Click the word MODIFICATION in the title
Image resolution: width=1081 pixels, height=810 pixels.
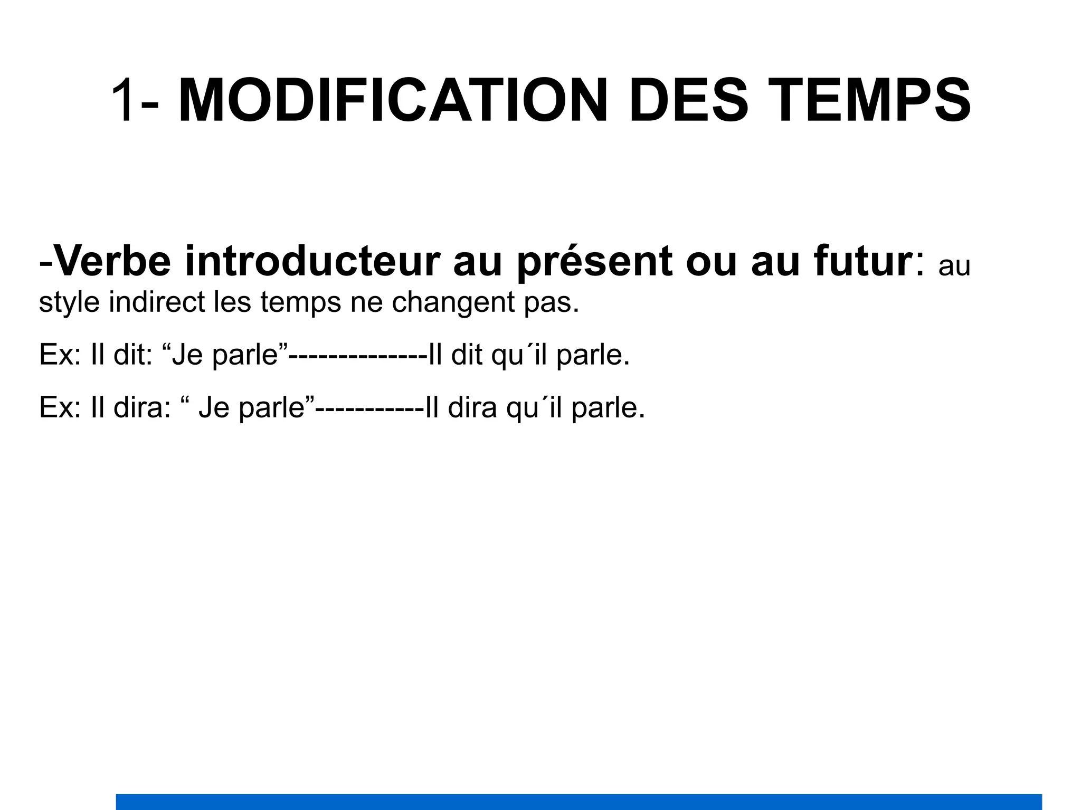(x=393, y=100)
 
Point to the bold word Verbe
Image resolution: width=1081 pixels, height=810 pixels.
(x=112, y=262)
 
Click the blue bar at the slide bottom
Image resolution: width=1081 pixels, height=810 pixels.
(x=579, y=802)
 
